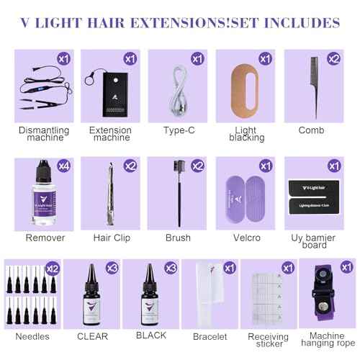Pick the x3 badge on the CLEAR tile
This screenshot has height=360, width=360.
tap(112, 269)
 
